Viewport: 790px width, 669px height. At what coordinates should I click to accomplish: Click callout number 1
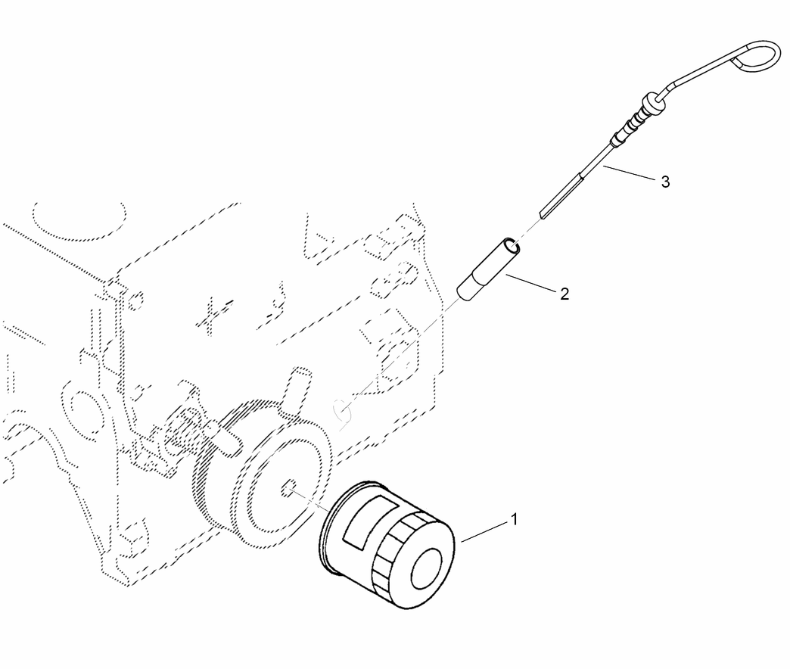click(514, 519)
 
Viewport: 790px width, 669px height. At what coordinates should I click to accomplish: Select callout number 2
click(565, 294)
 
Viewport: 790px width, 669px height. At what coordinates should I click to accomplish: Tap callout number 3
click(664, 182)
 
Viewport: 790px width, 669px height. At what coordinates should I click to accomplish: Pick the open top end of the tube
click(512, 244)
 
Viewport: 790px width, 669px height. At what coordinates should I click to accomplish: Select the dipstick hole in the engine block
click(344, 412)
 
